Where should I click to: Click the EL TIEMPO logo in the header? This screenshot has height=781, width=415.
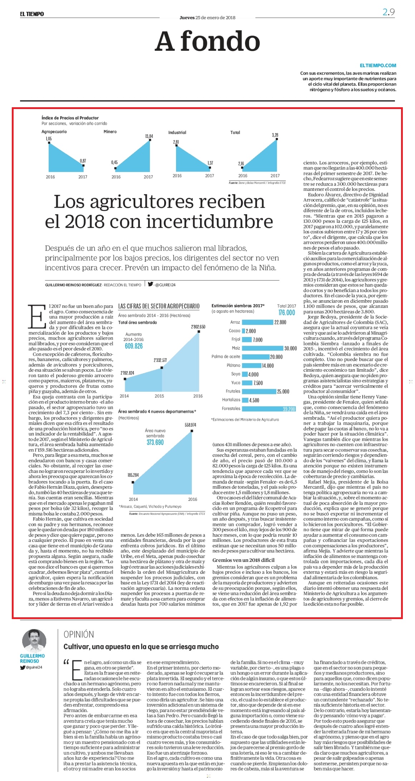point(32,14)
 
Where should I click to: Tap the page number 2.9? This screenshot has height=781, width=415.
point(389,12)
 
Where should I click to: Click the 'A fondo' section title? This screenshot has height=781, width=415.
point(207,41)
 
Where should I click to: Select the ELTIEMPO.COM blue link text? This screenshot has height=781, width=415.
point(378,65)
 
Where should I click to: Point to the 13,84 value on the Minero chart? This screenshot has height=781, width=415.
point(149,136)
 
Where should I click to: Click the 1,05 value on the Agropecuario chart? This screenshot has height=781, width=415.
point(49,139)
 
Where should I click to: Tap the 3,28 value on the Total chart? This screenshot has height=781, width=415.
point(275,135)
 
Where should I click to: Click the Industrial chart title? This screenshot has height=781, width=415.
point(177,132)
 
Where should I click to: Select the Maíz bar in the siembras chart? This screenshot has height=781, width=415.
point(262,348)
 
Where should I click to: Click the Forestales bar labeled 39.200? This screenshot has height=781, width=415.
point(269,409)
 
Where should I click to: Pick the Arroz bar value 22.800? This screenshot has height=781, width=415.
point(280,322)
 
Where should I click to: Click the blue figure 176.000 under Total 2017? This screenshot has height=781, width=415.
point(287,313)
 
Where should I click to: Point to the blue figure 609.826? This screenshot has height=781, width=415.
point(134,346)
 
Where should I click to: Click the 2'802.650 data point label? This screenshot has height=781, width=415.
point(198,327)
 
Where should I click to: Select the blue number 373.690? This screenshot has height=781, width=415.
point(155,443)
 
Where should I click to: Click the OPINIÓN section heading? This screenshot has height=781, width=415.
point(79,634)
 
